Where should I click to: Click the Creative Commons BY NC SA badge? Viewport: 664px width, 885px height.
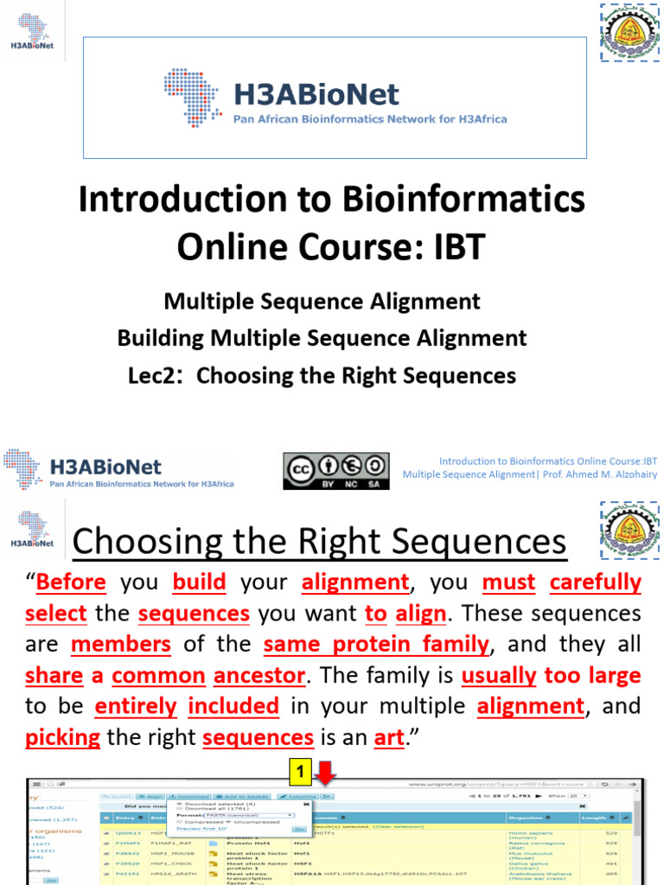pyautogui.click(x=335, y=471)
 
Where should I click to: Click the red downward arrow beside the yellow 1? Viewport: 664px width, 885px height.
pyautogui.click(x=329, y=772)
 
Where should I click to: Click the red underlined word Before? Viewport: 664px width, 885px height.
pyautogui.click(x=72, y=583)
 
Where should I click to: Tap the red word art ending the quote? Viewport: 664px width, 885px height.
pyautogui.click(x=389, y=738)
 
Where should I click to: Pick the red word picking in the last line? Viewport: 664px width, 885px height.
pyautogui.click(x=63, y=738)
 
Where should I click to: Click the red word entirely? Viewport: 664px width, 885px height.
pyautogui.click(x=136, y=707)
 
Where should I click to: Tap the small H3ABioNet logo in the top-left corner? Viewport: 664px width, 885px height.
pyautogui.click(x=31, y=29)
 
